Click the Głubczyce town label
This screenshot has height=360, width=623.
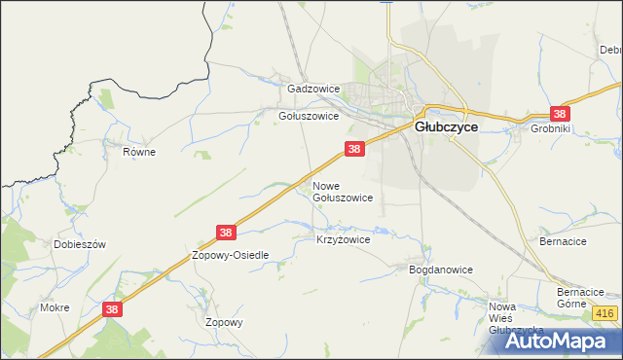446,126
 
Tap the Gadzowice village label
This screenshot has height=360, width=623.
312,89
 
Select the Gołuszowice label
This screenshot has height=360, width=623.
309,115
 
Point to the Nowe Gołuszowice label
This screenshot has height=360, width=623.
342,191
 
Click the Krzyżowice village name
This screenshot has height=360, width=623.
344,238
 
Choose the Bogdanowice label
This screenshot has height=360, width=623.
440,270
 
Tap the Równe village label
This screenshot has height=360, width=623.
139,152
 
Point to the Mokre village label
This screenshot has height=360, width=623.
55,307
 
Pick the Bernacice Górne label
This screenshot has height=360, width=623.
581,298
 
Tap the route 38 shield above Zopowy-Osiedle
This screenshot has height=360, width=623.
226,233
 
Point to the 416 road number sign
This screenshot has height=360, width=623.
605,312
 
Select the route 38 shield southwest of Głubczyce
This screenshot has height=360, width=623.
354,149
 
